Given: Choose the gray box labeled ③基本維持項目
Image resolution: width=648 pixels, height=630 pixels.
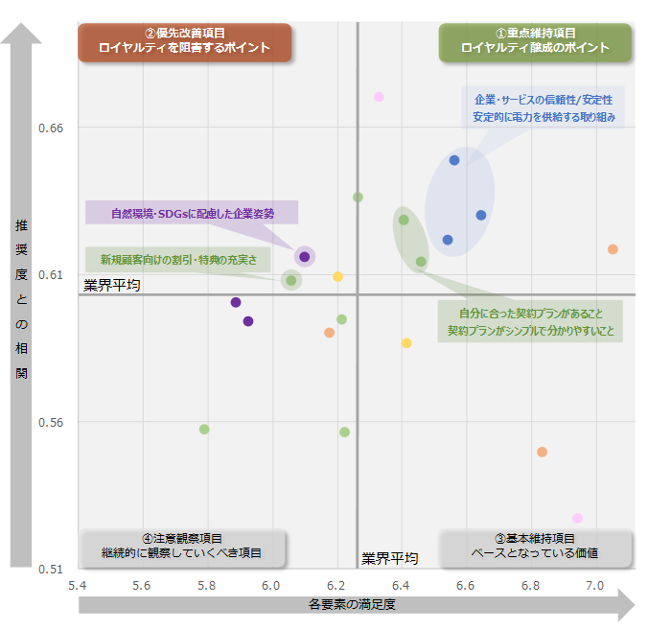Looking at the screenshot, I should [535, 547].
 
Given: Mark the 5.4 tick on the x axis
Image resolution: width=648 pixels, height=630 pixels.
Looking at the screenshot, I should [78, 584].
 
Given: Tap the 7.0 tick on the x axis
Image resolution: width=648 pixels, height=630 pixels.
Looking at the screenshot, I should [595, 584].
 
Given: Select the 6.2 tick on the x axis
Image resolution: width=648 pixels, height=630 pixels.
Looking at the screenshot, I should [336, 584].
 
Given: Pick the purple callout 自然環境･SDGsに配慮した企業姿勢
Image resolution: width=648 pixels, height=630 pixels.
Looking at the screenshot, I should [192, 213].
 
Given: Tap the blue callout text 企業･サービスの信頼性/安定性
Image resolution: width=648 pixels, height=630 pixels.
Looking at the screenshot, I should [543, 100].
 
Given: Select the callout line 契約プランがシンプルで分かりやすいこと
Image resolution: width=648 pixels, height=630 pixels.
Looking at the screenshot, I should [530, 332].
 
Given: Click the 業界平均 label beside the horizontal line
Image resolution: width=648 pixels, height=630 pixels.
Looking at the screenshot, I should [112, 285].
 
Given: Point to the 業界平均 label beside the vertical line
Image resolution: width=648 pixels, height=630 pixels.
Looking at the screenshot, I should [390, 558].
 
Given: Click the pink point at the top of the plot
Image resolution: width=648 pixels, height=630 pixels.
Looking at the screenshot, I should [379, 97].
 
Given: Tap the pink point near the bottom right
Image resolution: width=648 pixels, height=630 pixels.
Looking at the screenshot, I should [577, 519].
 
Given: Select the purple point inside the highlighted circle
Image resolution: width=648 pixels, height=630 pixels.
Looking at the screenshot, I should [305, 256].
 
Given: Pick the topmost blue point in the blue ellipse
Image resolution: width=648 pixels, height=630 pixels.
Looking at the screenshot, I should [454, 160].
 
